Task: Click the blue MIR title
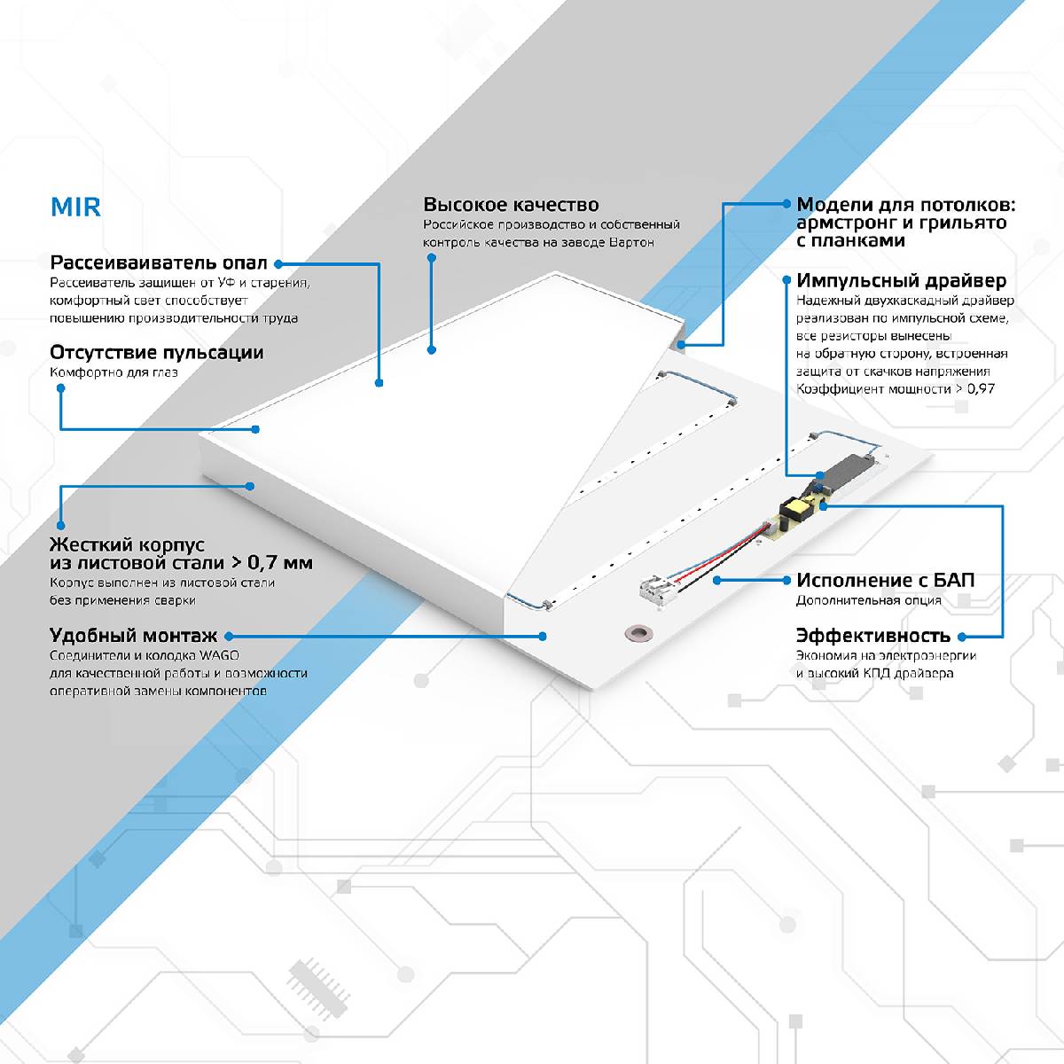(x=75, y=207)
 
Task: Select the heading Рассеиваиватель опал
(x=159, y=263)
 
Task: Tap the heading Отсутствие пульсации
(x=157, y=352)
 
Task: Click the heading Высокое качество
(x=511, y=205)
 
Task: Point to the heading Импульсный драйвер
(x=901, y=281)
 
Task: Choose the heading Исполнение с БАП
(x=885, y=581)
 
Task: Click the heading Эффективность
(x=872, y=636)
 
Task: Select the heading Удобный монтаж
(x=133, y=636)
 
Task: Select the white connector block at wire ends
(x=658, y=589)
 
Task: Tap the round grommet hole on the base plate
(x=636, y=632)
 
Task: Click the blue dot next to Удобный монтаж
(x=228, y=636)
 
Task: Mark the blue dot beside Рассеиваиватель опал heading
(x=278, y=263)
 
